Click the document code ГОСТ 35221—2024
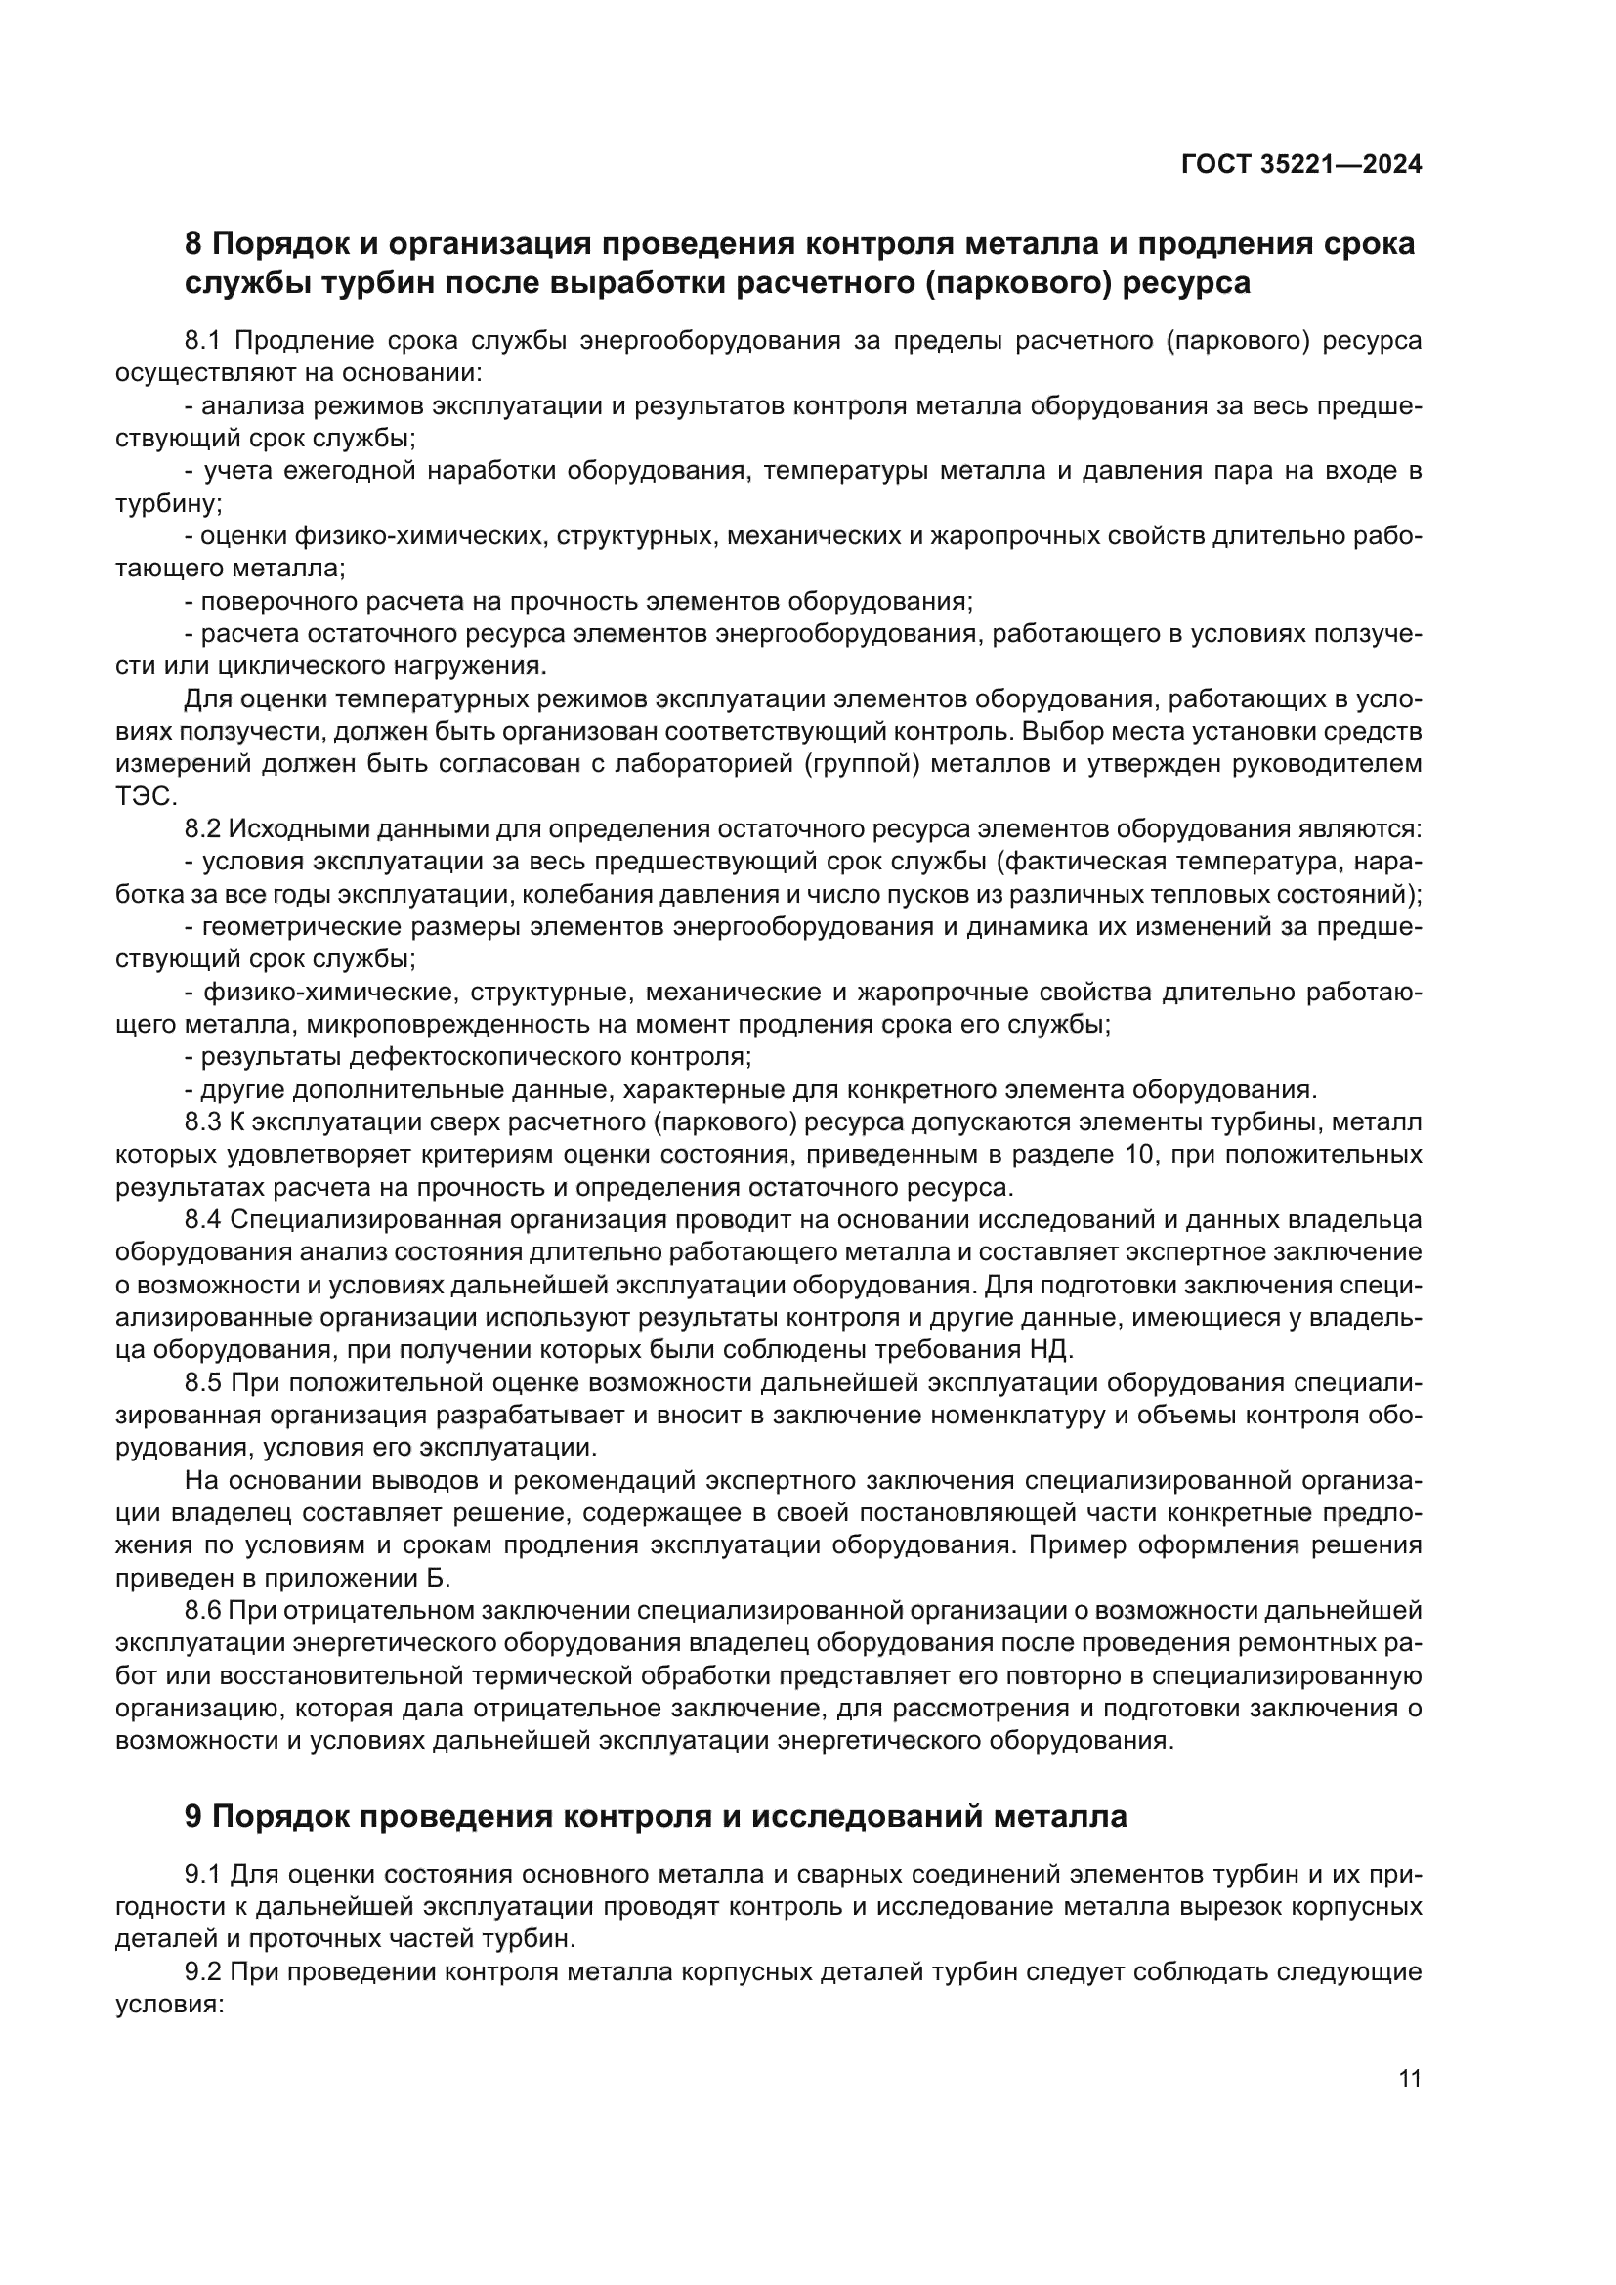click(1301, 165)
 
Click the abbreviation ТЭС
click(146, 797)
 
